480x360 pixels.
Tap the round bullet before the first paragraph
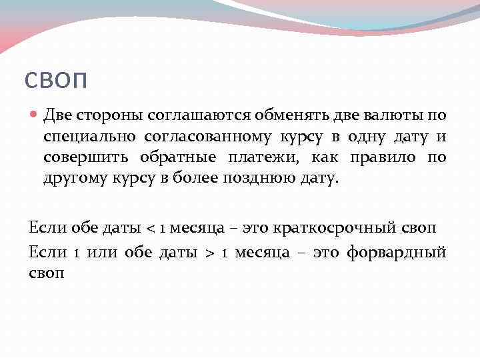pyautogui.click(x=35, y=115)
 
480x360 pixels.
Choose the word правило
pyautogui.click(x=377, y=158)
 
